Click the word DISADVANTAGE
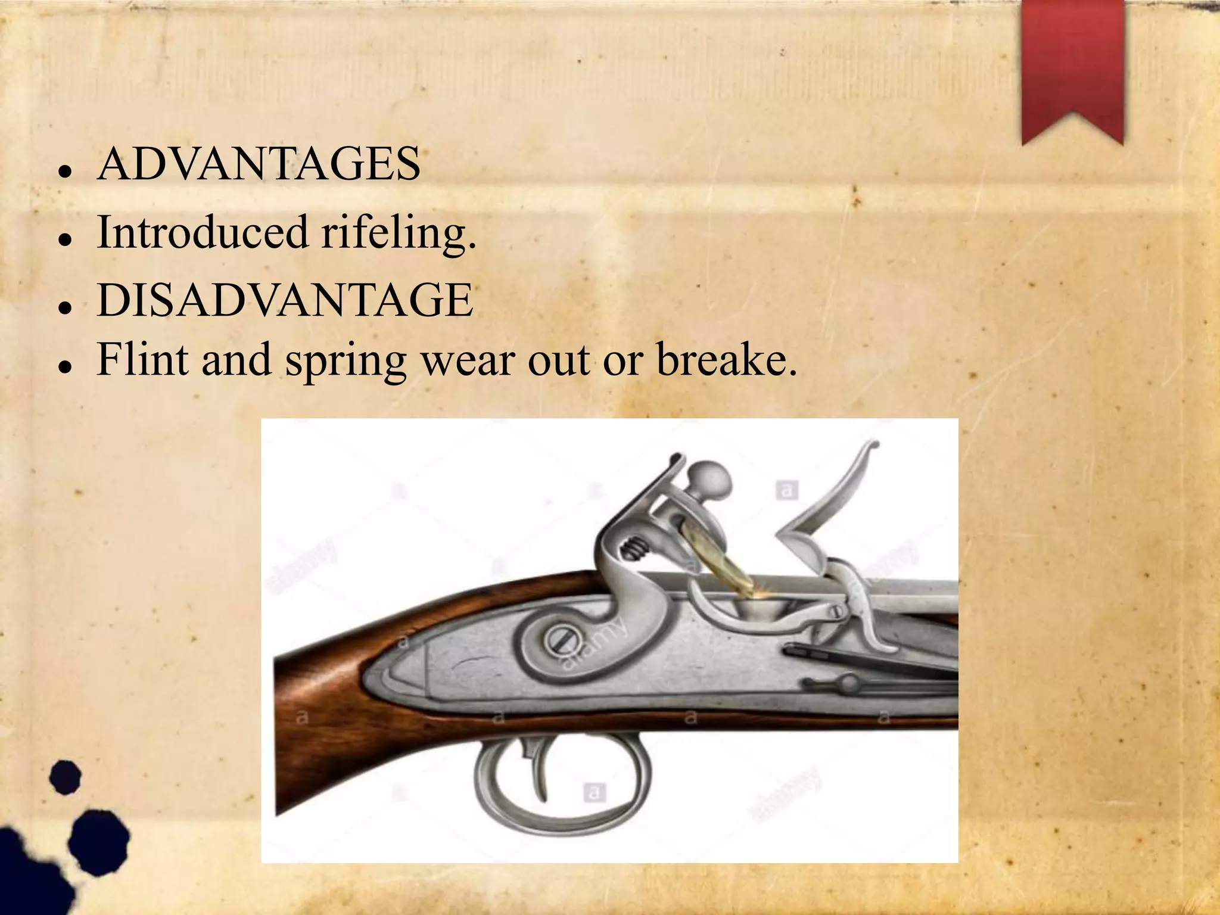click(x=285, y=300)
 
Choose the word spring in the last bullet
click(x=346, y=361)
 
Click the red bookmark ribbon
click(x=1072, y=66)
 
